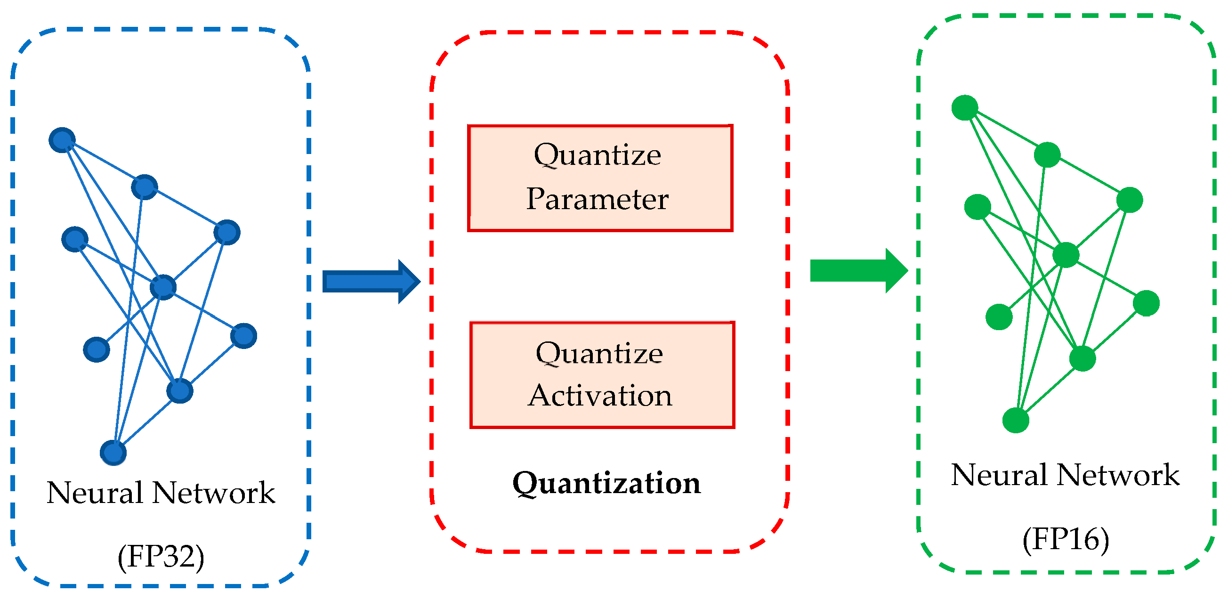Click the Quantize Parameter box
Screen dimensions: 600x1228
pos(600,178)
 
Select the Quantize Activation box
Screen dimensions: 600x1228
pos(602,375)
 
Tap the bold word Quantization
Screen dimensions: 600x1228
pos(606,483)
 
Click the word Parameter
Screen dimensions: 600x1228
pos(597,199)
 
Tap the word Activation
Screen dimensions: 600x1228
pos(600,396)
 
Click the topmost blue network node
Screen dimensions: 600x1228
pos(63,140)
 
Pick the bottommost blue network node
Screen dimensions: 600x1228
pos(113,452)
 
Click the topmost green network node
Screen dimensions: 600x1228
pos(964,107)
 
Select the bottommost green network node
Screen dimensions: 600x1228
pos(1015,420)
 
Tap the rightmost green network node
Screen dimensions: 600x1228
pos(1146,303)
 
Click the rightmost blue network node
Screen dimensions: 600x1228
pos(243,336)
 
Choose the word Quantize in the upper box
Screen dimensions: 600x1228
pos(598,154)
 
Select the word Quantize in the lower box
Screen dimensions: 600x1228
pos(599,353)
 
